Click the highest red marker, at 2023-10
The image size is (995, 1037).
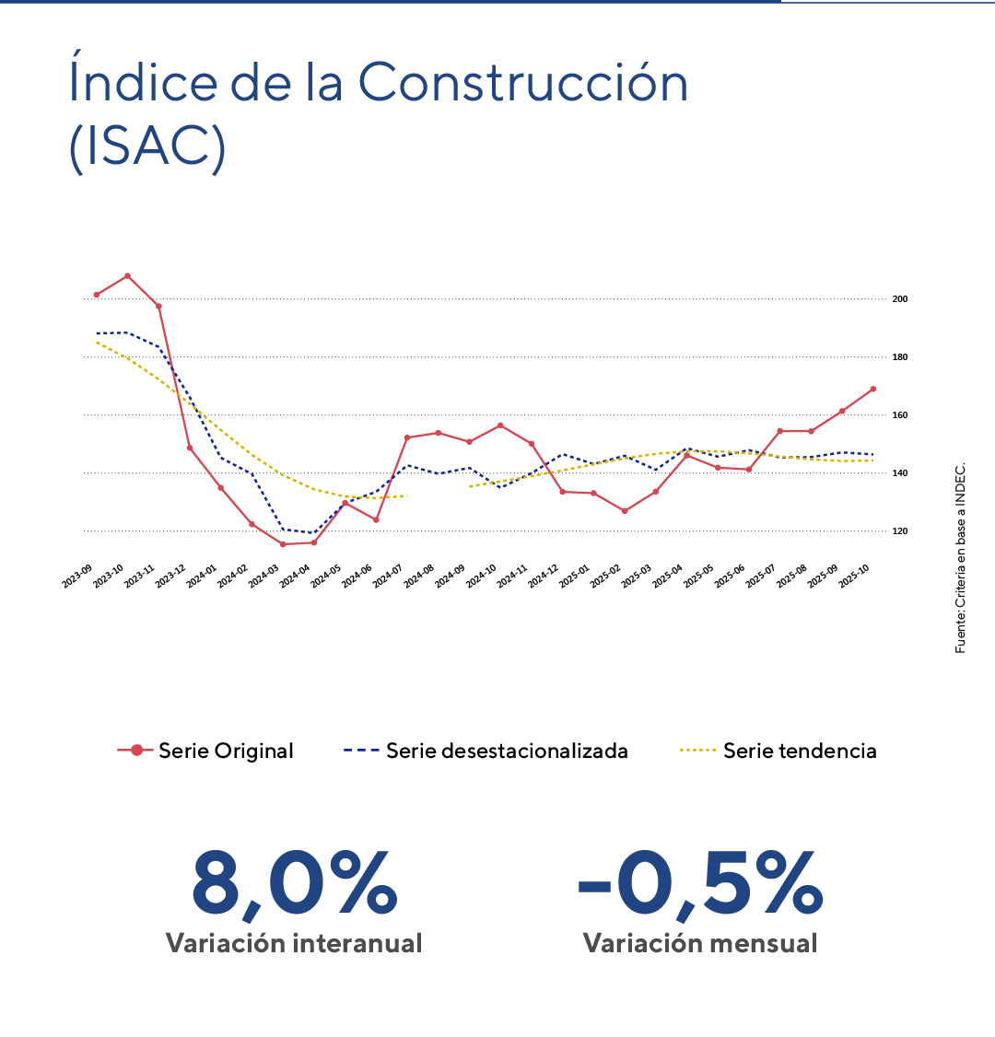click(x=127, y=275)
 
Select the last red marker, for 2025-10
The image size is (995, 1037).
click(x=872, y=389)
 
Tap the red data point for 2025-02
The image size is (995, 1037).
click(x=624, y=510)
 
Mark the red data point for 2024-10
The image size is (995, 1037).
click(x=500, y=425)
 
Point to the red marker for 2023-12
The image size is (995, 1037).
click(x=190, y=448)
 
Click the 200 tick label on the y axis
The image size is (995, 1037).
click(x=900, y=299)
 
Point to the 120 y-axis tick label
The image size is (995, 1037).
click(x=900, y=531)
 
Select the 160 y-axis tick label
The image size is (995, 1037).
click(x=900, y=415)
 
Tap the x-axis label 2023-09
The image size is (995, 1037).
click(x=79, y=577)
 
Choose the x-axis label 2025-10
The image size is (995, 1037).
click(x=856, y=577)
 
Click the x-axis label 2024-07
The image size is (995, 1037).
click(x=391, y=577)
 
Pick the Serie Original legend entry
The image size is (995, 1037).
click(x=205, y=751)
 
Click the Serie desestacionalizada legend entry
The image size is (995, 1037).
click(x=486, y=751)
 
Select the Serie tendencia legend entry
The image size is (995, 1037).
click(x=778, y=751)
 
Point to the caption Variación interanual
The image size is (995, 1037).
click(x=294, y=943)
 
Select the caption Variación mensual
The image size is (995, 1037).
click(x=700, y=943)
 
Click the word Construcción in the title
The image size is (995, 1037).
click(x=522, y=83)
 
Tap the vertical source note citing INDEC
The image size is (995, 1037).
click(x=961, y=557)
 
